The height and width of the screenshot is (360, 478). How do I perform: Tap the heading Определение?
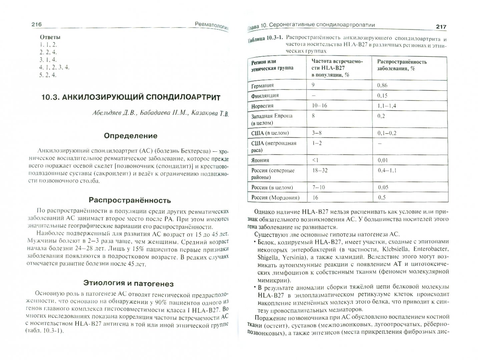coord(130,136)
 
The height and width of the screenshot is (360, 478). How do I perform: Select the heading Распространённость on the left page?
coord(130,200)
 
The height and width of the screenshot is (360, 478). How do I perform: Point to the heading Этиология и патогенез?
coord(128,284)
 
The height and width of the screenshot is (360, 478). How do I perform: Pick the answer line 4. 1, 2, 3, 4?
coord(54,67)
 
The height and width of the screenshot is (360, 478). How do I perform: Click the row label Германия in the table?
coord(263,85)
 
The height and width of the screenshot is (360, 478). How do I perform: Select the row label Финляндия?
coord(265,96)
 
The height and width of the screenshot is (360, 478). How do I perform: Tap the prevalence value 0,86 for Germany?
coord(382,85)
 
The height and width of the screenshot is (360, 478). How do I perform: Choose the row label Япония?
coord(260,160)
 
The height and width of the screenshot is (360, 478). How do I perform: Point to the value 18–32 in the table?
coord(320,170)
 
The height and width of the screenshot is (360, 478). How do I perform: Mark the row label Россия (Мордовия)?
coord(275,197)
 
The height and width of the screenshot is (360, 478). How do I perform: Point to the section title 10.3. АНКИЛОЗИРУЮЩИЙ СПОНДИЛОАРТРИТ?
coord(131,97)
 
